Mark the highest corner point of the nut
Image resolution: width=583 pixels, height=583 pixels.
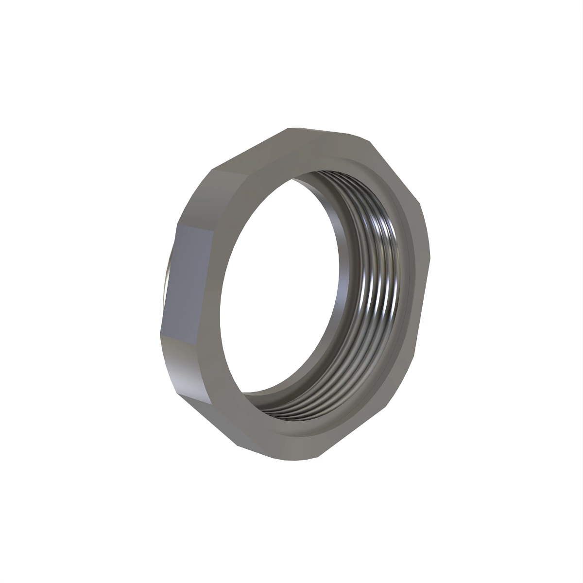click(x=290, y=128)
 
